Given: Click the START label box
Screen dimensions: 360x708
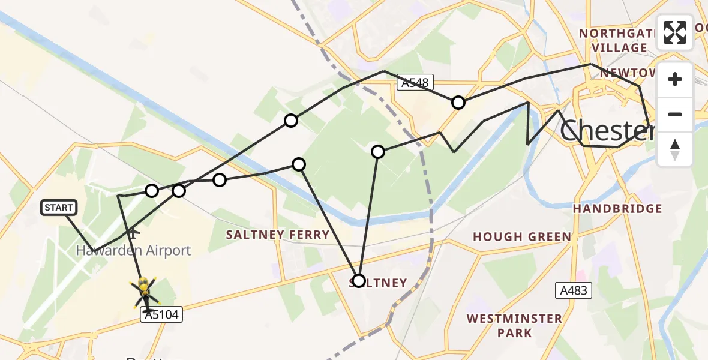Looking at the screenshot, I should pyautogui.click(x=59, y=208).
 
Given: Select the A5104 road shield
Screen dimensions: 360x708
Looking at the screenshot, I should pyautogui.click(x=161, y=314).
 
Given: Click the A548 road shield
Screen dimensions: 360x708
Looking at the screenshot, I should pyautogui.click(x=415, y=83).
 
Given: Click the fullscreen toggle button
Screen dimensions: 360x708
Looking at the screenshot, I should pyautogui.click(x=675, y=32).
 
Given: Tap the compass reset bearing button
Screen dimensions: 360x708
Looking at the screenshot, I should pyautogui.click(x=675, y=150).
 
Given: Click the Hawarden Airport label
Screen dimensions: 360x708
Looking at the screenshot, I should pyautogui.click(x=133, y=250).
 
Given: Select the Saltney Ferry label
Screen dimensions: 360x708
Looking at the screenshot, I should pyautogui.click(x=277, y=235).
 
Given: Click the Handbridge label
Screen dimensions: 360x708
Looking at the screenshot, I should pyautogui.click(x=617, y=209).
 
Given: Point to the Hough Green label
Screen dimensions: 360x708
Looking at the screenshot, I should pyautogui.click(x=521, y=237).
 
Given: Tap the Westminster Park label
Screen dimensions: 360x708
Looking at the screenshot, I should pyautogui.click(x=514, y=325).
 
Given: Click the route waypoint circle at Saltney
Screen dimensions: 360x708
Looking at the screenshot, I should pyautogui.click(x=358, y=281).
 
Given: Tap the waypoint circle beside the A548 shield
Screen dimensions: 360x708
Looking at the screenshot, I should pyautogui.click(x=458, y=103).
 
